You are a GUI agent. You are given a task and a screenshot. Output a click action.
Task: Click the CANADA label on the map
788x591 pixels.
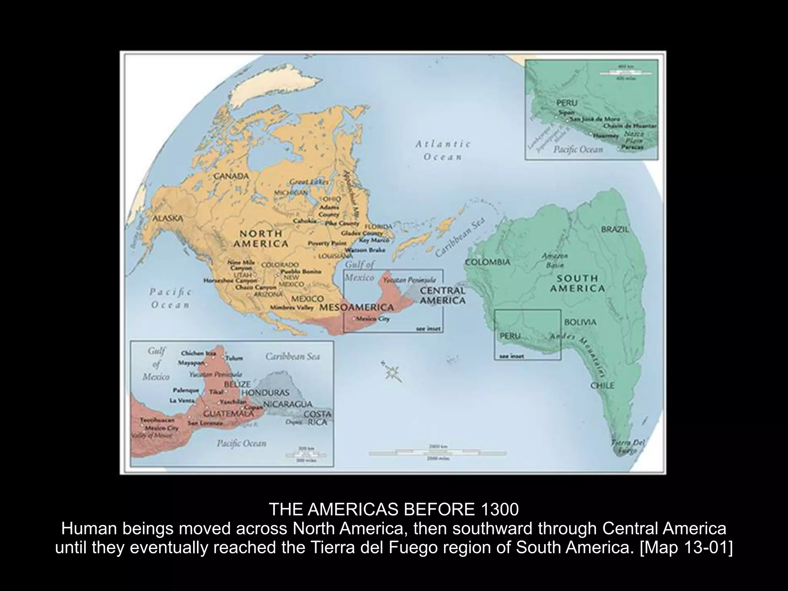[x=231, y=176]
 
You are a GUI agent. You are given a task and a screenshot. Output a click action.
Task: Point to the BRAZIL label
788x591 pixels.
[x=614, y=229]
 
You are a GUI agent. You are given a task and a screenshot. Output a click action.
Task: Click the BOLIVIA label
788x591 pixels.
[x=580, y=322]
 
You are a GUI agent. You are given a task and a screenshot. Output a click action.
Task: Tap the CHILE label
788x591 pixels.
[x=603, y=386]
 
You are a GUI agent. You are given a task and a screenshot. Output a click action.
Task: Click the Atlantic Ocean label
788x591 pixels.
[x=442, y=150]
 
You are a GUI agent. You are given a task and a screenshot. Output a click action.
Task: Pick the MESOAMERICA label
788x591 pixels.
[x=357, y=307]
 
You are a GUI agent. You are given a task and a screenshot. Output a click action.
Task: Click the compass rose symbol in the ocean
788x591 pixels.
[x=392, y=371]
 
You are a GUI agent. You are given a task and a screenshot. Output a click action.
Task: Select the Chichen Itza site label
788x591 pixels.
[x=198, y=353]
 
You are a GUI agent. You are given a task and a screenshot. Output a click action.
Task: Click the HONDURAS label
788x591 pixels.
[x=265, y=393]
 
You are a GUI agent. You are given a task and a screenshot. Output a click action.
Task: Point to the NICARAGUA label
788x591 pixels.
[x=287, y=404]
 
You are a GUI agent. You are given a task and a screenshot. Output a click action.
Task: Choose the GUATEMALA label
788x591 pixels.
[x=228, y=414]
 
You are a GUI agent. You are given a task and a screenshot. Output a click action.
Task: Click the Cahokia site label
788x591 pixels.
[x=305, y=221]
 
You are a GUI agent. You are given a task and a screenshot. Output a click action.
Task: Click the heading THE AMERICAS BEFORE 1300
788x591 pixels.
[x=394, y=510]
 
